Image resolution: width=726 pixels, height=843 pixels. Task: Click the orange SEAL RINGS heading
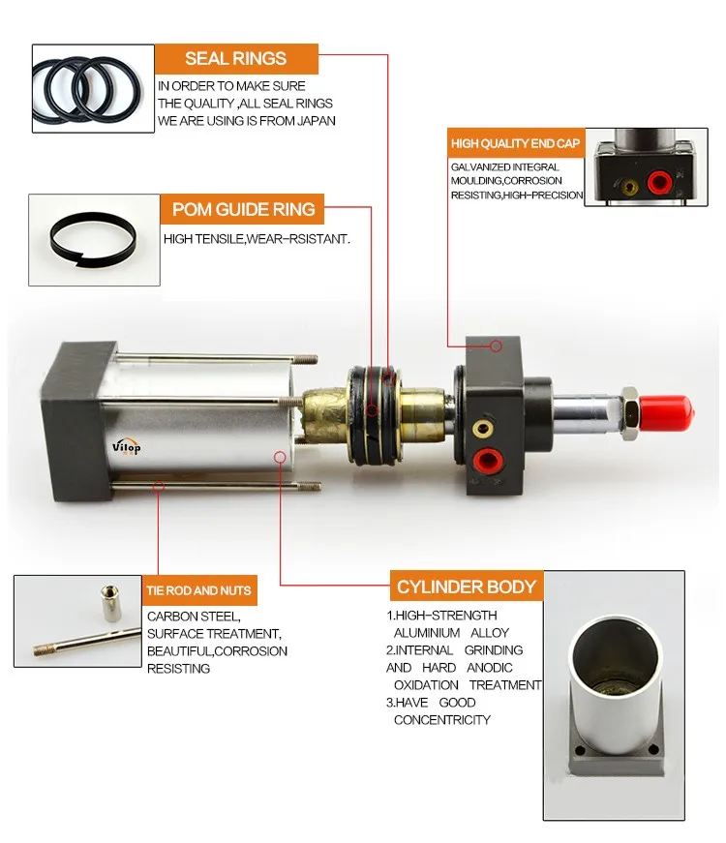236,59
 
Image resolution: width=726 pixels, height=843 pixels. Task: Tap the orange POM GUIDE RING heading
243,209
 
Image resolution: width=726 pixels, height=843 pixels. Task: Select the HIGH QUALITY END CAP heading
515,144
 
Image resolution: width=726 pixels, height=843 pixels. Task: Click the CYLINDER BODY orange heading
466,587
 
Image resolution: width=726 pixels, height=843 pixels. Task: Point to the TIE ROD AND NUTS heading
199,590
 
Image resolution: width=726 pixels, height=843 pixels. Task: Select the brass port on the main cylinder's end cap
481,427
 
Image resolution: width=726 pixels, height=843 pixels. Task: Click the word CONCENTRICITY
441,720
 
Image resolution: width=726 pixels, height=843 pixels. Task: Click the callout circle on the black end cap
496,346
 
